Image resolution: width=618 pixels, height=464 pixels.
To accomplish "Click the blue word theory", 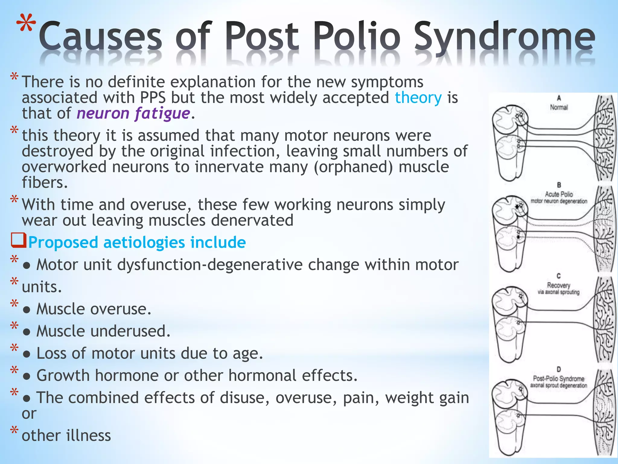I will pos(418,98).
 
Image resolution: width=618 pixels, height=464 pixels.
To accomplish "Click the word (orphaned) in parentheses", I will pos(353,167).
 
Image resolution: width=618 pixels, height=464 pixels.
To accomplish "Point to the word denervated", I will pos(252,220).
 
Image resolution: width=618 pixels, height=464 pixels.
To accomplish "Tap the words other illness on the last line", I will pos(66,436).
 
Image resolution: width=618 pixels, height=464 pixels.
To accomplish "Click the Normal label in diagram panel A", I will pos(559,107).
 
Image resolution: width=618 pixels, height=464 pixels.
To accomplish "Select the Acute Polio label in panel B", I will pos(559,194).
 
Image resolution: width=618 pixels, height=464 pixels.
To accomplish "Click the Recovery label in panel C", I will pos(559,285).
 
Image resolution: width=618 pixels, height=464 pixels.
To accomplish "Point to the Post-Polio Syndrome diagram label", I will pos(559,379).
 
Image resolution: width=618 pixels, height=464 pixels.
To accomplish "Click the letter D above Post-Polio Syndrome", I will pos(559,369).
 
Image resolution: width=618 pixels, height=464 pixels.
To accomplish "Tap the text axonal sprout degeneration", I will pos(559,385).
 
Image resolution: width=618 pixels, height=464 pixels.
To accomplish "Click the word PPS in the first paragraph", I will pos(153,98).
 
